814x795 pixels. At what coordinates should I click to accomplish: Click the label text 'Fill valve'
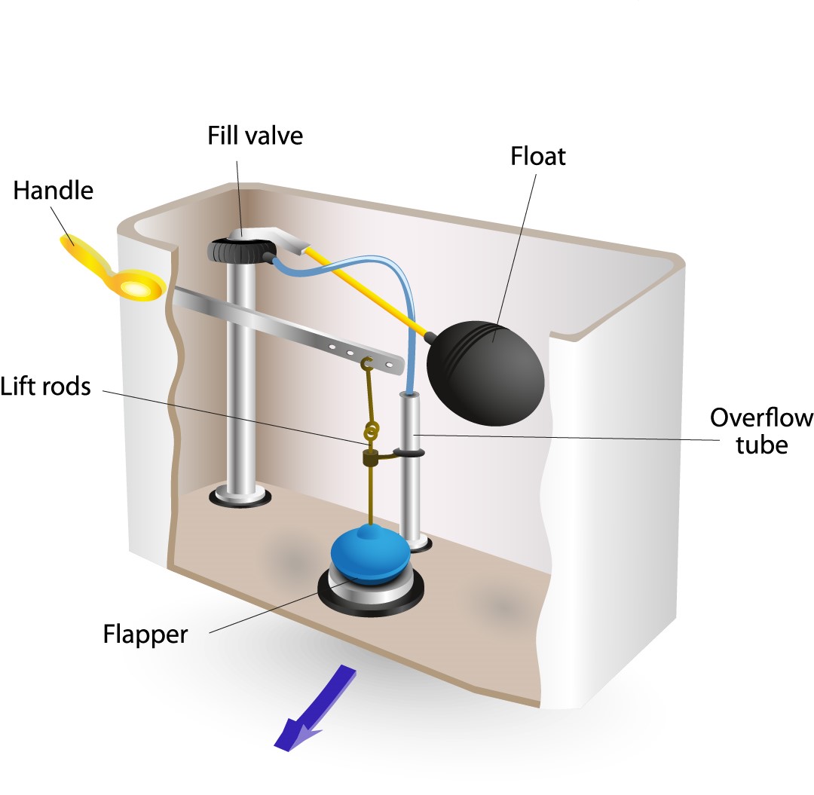256,136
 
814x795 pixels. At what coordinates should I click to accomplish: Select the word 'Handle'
53,190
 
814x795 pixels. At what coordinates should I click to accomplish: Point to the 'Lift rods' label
45,387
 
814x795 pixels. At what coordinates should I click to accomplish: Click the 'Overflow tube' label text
760,431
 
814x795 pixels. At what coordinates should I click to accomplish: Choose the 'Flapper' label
145,634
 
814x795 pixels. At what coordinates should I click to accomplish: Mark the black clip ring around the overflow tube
407,454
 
